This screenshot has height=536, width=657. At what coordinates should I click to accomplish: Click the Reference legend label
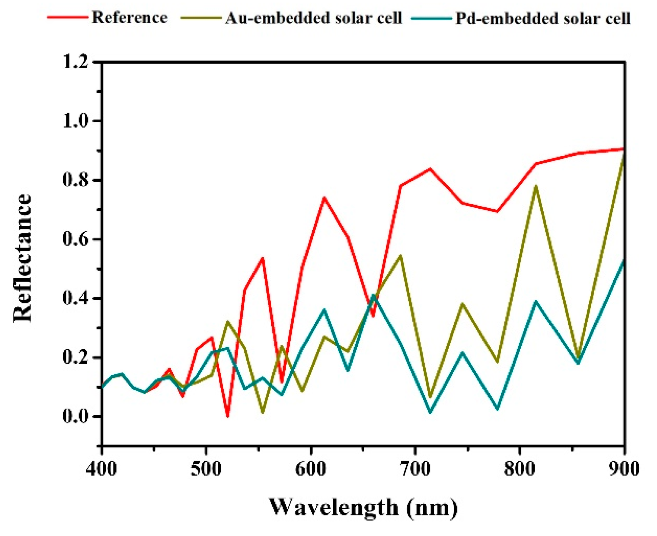130,17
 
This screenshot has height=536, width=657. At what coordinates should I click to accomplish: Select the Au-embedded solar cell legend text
313,18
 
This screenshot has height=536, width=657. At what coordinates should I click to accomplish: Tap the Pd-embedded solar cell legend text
543,18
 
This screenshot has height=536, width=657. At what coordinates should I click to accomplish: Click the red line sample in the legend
67,17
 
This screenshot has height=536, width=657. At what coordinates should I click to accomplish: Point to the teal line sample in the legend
431,18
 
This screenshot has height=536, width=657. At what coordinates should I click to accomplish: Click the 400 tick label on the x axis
102,469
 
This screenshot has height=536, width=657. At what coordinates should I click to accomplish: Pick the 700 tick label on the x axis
415,469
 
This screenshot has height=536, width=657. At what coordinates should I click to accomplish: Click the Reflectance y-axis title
22,258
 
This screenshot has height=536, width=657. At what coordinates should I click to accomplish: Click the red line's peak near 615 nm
324,198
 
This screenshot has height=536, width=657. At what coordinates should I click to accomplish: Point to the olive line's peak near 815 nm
535,186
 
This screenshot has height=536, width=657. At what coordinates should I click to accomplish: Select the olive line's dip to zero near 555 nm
263,413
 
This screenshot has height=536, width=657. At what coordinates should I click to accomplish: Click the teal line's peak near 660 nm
373,295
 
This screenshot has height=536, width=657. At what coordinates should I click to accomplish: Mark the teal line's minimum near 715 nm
430,412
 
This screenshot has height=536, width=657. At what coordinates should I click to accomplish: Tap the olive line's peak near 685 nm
400,255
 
